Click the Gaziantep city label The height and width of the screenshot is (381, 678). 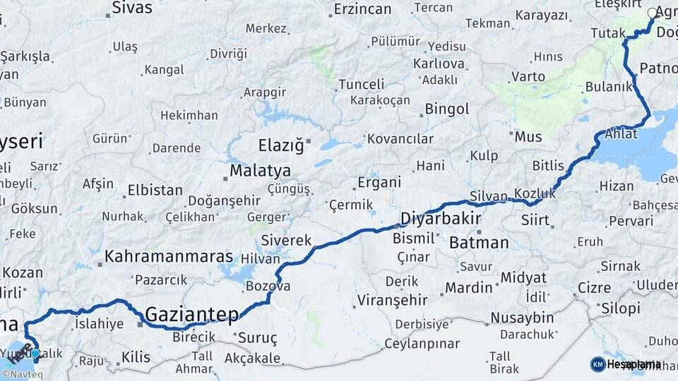pos(191,313)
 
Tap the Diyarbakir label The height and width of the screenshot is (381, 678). pos(441,218)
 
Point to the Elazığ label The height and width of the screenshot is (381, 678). pos(280,145)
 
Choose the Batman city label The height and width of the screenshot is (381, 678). pos(478,243)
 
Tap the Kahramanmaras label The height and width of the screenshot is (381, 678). pos(169,256)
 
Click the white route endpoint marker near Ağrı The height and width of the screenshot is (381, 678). pos(653,13)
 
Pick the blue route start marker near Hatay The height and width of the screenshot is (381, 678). pos(35,353)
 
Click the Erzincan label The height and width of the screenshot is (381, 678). pos(362,9)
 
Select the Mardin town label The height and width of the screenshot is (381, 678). pos(468,288)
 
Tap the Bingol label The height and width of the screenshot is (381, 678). pos(446,109)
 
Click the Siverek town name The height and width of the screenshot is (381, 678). pos(286,241)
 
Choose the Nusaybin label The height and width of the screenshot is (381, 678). pos(522,317)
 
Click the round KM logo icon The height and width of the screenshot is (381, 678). pos(597,364)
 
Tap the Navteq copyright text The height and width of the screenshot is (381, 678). pos(23,375)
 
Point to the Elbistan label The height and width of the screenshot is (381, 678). pos(155,190)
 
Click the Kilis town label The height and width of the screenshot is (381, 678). pos(136,358)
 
